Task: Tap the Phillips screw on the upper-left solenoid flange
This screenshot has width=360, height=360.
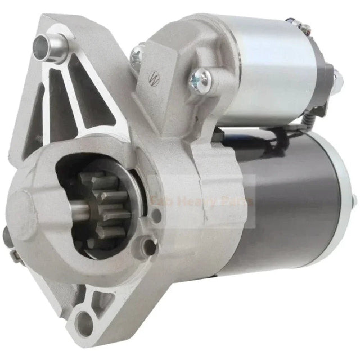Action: coord(136,55)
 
